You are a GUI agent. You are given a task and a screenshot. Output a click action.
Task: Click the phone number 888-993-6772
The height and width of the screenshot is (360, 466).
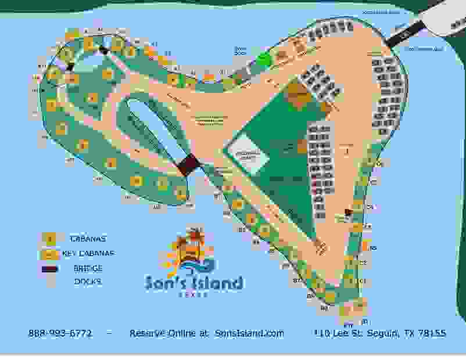tap(60, 333)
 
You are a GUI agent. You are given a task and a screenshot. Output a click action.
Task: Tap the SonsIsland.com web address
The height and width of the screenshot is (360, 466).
tap(249, 333)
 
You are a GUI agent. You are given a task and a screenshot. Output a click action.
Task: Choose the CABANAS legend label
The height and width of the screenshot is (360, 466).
tap(88, 238)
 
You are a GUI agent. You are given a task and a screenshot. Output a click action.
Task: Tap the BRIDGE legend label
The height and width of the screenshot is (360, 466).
tap(89, 268)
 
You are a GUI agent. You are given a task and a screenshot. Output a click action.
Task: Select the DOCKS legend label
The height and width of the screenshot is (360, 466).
tap(88, 282)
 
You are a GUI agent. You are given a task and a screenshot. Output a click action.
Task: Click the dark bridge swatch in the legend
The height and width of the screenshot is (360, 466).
tap(51, 268)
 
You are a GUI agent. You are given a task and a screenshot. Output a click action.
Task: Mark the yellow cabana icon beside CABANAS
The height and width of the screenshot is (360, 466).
tap(51, 238)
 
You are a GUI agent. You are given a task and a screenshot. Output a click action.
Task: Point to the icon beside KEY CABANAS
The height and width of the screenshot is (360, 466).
tap(51, 254)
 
